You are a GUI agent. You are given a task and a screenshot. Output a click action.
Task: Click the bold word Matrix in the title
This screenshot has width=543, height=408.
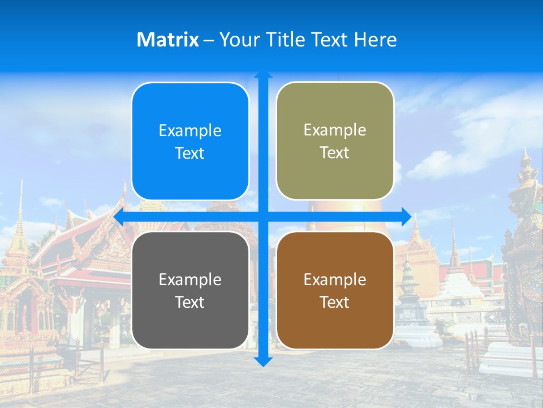point(168,40)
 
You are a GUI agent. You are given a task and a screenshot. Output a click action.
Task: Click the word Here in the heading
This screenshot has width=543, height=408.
point(375,40)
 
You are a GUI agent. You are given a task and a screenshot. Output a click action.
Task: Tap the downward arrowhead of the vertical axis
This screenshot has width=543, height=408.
point(263,362)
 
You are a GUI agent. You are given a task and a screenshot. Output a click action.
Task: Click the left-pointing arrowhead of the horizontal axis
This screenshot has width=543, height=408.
point(119,216)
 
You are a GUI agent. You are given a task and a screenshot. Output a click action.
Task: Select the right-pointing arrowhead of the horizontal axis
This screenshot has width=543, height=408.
point(406,216)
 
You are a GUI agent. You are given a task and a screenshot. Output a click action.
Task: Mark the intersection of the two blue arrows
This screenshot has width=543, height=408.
point(263,216)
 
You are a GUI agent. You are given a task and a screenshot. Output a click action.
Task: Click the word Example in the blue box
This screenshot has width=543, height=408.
point(190,131)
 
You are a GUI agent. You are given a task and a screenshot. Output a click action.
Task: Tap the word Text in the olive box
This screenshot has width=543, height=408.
point(335,153)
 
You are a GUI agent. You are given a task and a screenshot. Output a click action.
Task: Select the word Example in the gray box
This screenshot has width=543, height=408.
point(190,280)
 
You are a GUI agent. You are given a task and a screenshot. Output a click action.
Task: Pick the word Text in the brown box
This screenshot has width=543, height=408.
point(335,303)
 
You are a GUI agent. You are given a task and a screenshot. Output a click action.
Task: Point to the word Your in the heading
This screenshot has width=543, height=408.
point(238,40)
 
